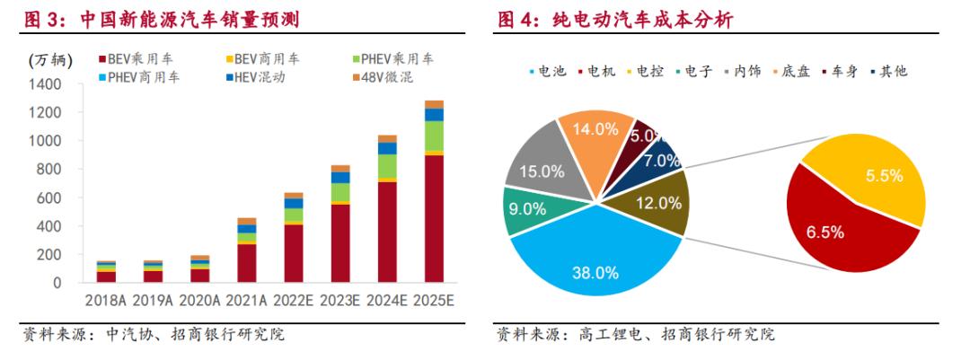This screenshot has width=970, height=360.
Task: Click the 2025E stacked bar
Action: pyautogui.click(x=434, y=191)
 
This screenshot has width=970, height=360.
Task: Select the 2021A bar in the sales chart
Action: pyautogui.click(x=247, y=250)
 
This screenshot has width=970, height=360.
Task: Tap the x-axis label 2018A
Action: pyautogui.click(x=105, y=301)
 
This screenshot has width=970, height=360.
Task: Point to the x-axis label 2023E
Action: pyautogui.click(x=339, y=301)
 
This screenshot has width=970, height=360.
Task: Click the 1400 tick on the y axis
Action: pyautogui.click(x=44, y=84)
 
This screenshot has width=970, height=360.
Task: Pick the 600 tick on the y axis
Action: pyautogui.click(x=49, y=198)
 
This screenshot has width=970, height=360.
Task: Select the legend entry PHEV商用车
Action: pyautogui.click(x=139, y=78)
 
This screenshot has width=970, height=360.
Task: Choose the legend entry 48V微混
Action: pyautogui.click(x=383, y=78)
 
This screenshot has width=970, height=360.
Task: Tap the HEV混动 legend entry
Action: pyautogui.click(x=255, y=78)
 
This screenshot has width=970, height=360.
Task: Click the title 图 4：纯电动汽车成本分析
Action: pyautogui.click(x=616, y=20)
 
